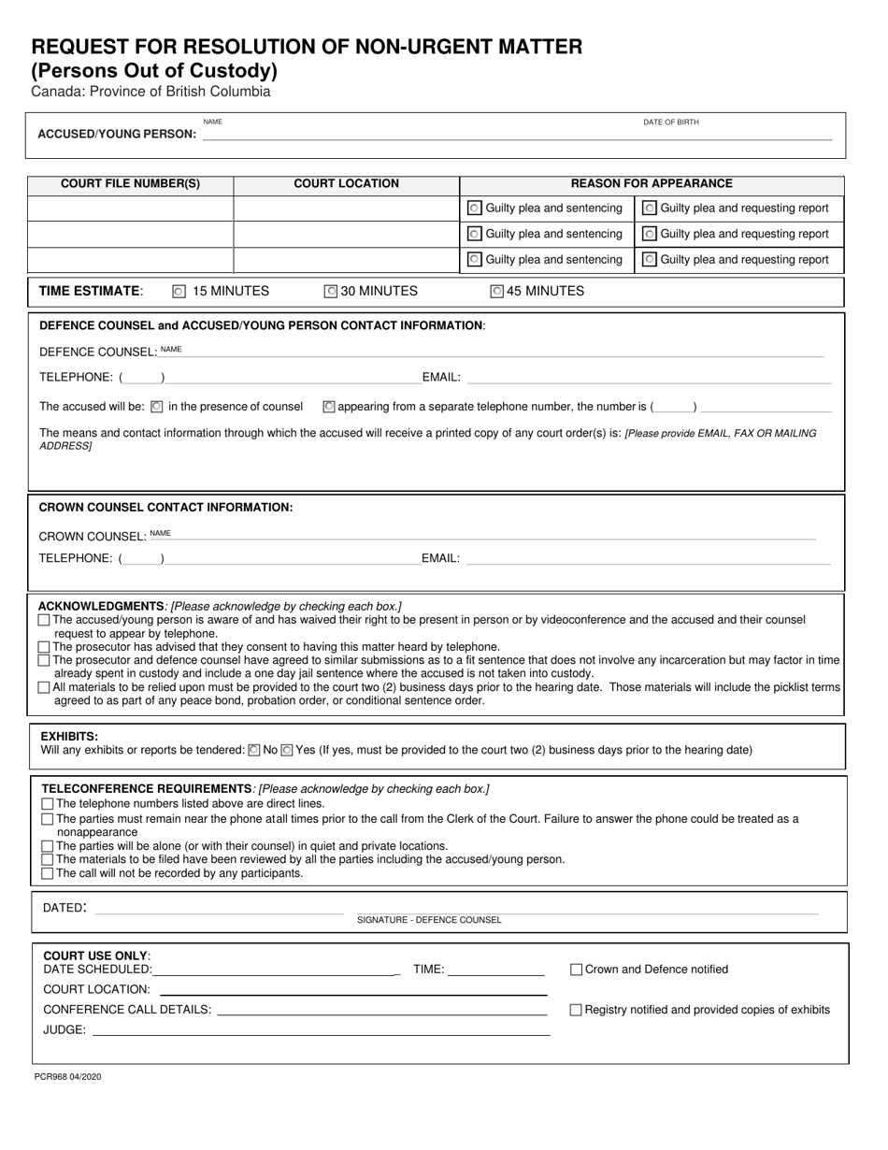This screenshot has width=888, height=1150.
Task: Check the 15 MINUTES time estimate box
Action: coord(179,292)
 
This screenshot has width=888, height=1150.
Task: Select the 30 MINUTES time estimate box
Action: coord(330,292)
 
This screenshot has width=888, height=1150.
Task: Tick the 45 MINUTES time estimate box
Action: coord(497,292)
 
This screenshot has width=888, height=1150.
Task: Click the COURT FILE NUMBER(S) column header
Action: coord(130,184)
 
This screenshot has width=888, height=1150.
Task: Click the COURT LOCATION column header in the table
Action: coord(346,184)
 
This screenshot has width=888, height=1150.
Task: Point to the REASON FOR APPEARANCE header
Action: coord(652,184)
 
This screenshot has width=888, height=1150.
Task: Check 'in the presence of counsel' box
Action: coord(157,407)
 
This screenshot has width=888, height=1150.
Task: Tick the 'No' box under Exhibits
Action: coord(254,750)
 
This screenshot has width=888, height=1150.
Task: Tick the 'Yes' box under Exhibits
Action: coord(287,750)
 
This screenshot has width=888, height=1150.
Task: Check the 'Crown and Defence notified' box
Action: coord(576,970)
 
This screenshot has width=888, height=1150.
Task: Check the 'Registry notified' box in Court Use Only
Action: coord(576,1010)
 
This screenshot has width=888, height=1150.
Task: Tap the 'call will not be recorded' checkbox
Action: coord(48,873)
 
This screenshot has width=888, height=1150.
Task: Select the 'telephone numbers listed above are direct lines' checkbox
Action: coord(48,804)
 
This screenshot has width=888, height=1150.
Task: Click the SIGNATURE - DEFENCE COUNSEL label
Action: coord(429,920)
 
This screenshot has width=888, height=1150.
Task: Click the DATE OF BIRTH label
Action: coord(670,122)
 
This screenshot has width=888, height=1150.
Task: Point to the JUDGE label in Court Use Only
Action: coord(64,1030)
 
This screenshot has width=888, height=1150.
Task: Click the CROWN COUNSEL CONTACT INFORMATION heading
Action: coord(165,508)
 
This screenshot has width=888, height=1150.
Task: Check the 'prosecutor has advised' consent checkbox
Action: coord(44,647)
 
